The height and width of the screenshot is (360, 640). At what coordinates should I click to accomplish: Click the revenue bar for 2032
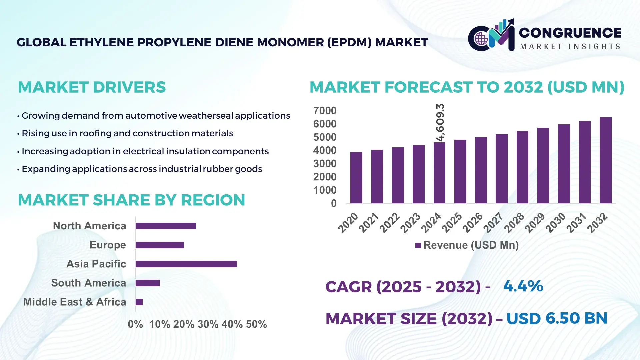pyautogui.click(x=605, y=160)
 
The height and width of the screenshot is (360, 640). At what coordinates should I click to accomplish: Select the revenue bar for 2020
pyautogui.click(x=356, y=178)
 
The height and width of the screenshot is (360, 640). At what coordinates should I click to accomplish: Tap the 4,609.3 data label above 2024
pyautogui.click(x=440, y=122)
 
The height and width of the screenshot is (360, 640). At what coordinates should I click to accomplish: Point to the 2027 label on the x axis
pyautogui.click(x=493, y=223)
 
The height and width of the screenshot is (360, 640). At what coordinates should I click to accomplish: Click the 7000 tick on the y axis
pyautogui.click(x=325, y=111)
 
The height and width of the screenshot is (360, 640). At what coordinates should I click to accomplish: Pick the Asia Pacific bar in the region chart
pyautogui.click(x=186, y=264)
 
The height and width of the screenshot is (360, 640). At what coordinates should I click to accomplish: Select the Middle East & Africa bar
pyautogui.click(x=139, y=302)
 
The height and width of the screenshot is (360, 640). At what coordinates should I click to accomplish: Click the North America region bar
pyautogui.click(x=166, y=226)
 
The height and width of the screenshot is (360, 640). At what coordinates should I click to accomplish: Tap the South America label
pyautogui.click(x=88, y=283)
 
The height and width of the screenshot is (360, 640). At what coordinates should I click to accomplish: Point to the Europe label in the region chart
pyautogui.click(x=108, y=245)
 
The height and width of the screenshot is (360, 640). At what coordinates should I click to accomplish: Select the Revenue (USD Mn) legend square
pyautogui.click(x=418, y=245)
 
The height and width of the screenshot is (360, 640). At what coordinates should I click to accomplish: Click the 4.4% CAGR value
pyautogui.click(x=523, y=286)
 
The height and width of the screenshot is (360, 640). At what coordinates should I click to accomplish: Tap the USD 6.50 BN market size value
pyautogui.click(x=557, y=318)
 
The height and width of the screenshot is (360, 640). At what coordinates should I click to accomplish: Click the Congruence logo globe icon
pyautogui.click(x=481, y=39)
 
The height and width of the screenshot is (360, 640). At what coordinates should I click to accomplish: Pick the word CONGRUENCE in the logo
pyautogui.click(x=570, y=33)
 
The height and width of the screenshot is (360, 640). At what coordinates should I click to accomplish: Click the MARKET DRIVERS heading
pyautogui.click(x=92, y=87)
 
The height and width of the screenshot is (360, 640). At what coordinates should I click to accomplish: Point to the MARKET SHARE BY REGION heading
pyautogui.click(x=131, y=200)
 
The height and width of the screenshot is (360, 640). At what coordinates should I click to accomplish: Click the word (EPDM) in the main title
pyautogui.click(x=349, y=42)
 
